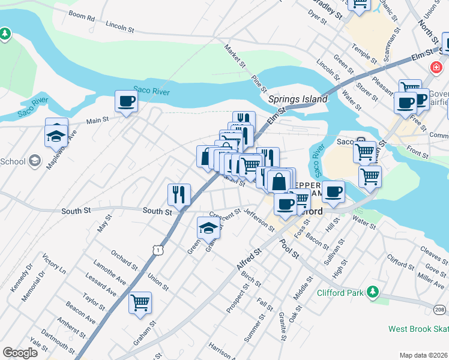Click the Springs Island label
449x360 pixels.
(x=298, y=99)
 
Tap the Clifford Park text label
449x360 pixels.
(x=339, y=293)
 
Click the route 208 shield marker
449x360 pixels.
(x=441, y=309)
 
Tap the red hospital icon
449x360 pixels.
(x=435, y=68)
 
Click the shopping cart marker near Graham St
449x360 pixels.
(x=140, y=302)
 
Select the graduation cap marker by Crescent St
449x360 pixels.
(x=208, y=227)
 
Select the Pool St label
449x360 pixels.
(x=288, y=248)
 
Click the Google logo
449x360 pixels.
(x=20, y=353)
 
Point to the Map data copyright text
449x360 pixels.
(x=423, y=355)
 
